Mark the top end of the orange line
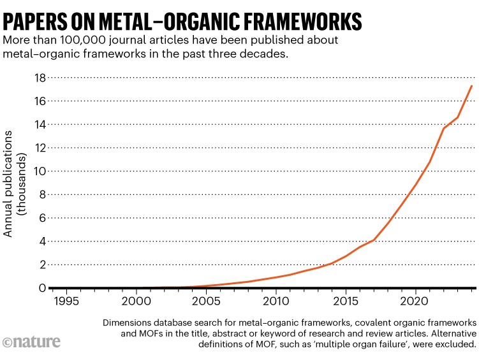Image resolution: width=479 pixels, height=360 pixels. pos(471,85)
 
